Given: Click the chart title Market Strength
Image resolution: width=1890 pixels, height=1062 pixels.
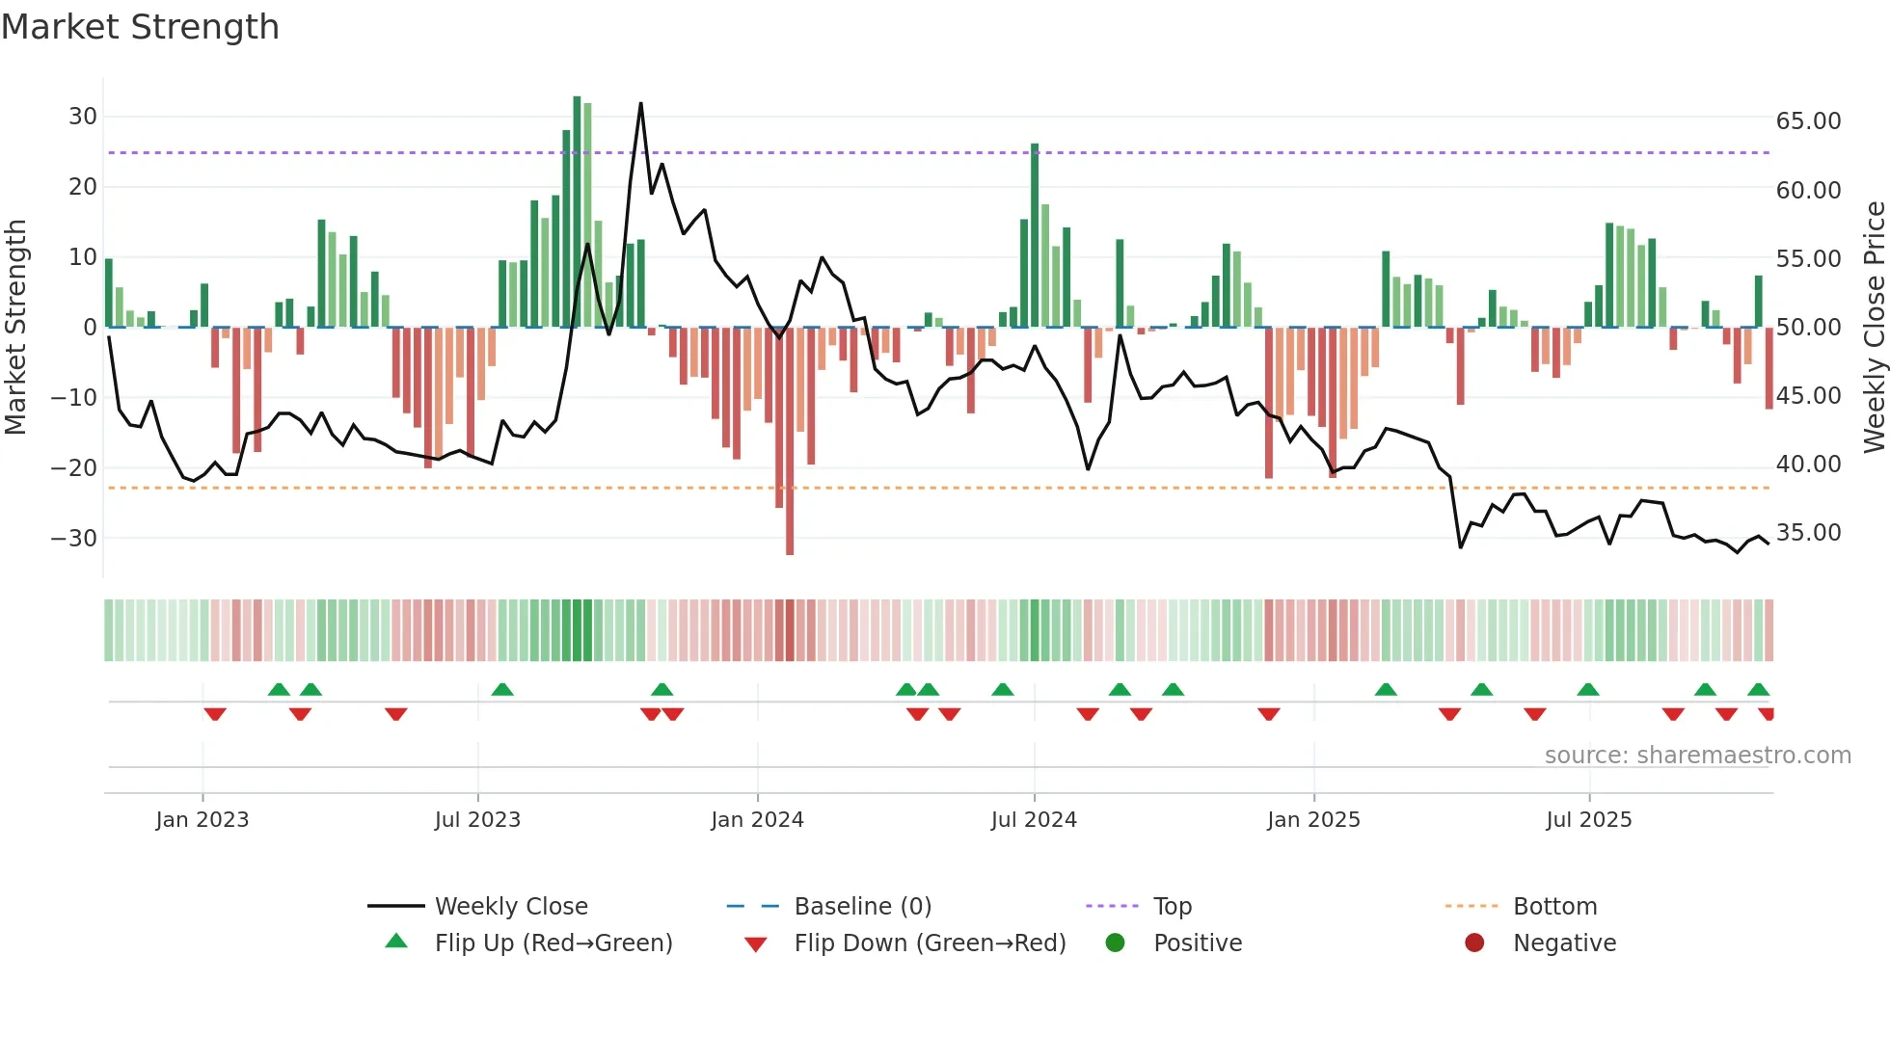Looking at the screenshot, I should [140, 27].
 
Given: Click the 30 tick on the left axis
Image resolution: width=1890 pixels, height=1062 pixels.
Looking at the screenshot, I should [83, 117].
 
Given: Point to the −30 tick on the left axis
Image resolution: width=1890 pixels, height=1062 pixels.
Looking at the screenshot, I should [74, 539].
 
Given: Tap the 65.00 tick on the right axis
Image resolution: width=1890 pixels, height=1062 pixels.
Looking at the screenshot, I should [1808, 121].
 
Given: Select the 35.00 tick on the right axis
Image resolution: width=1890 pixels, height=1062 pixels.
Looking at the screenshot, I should [1808, 533].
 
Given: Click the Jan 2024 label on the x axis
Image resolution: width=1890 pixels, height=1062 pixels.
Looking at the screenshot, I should [757, 820].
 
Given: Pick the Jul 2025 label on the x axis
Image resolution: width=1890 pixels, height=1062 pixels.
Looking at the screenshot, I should [1588, 820].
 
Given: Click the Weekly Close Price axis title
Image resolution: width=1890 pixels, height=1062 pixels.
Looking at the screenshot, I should [1874, 328].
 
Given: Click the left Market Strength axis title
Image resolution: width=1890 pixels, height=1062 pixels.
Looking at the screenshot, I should [15, 328].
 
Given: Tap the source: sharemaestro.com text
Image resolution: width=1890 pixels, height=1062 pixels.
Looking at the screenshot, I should [1697, 756].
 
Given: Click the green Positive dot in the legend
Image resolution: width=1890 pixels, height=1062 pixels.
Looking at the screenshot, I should [1116, 943].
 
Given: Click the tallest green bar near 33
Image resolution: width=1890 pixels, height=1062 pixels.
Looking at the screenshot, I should [577, 212].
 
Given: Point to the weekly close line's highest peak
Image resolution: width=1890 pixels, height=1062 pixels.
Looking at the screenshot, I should [640, 104].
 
